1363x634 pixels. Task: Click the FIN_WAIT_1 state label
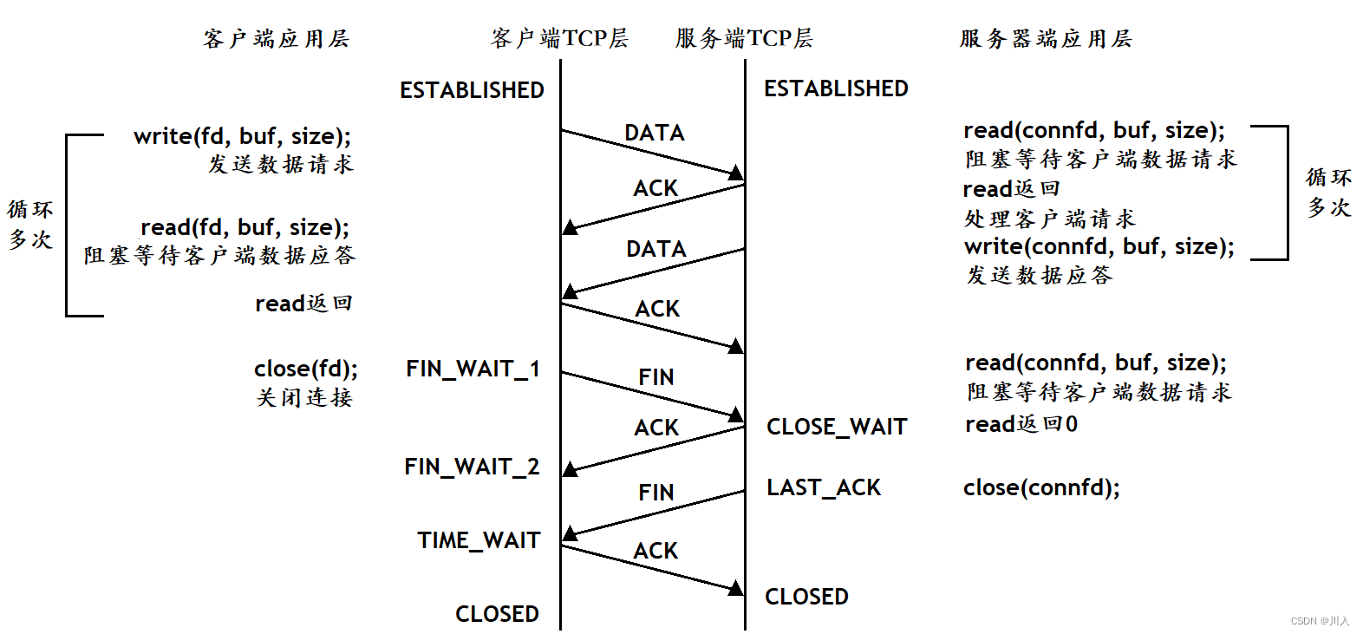[x=473, y=369]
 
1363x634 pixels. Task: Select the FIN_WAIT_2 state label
[x=472, y=467]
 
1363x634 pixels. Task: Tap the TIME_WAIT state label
[x=479, y=540]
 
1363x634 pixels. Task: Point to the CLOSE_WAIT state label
[x=837, y=427]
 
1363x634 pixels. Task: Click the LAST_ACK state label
[x=823, y=487]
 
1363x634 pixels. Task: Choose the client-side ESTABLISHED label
[x=472, y=90]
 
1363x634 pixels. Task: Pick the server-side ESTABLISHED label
[x=836, y=88]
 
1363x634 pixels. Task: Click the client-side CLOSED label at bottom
[x=497, y=614]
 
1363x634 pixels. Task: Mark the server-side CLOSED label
[x=806, y=597]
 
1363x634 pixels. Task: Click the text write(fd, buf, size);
[x=242, y=136]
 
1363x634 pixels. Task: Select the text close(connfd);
[x=1041, y=487]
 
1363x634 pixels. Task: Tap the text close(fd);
[x=305, y=369]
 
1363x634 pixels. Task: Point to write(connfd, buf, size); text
[x=1099, y=246]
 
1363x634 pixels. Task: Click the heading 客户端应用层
[x=276, y=38]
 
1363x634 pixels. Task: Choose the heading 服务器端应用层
[x=1045, y=38]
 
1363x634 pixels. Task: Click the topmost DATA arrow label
[x=655, y=133]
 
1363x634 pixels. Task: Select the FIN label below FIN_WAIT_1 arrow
[x=655, y=377]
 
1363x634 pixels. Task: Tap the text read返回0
[x=1021, y=424]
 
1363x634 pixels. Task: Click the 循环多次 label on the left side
[x=30, y=225]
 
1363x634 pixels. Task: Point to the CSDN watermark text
[x=1320, y=621]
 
